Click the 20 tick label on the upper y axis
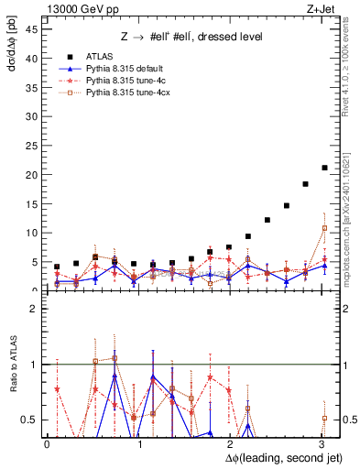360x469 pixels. (32, 174)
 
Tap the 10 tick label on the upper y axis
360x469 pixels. (32, 233)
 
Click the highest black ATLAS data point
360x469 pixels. (324, 168)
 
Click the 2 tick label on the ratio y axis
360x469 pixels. (34, 309)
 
